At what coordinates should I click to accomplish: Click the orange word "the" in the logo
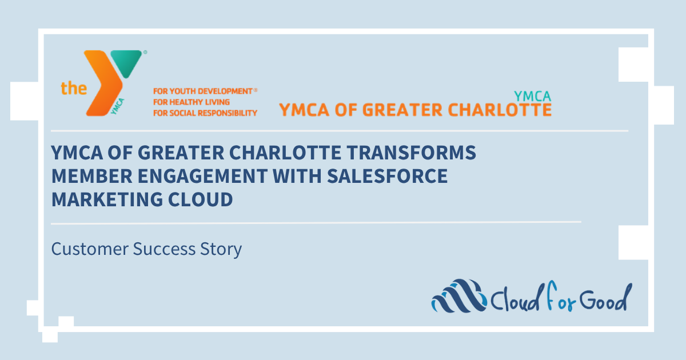(x=74, y=89)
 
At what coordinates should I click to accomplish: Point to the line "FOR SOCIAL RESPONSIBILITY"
(x=205, y=113)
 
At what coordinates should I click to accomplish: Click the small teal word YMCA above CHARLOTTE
(x=532, y=95)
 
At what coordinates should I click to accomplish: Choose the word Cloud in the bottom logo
(x=518, y=298)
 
